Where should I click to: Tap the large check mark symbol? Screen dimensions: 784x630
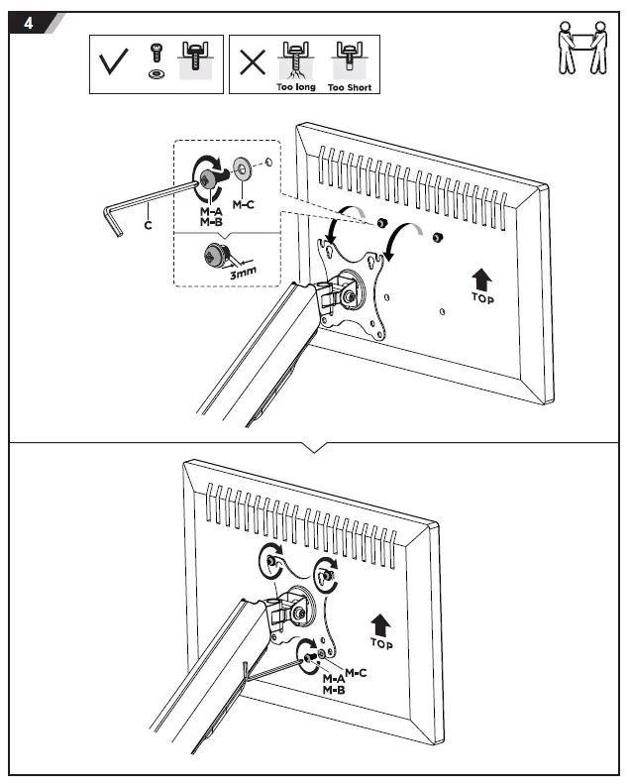(x=116, y=63)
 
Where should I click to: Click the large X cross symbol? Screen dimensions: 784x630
(x=254, y=63)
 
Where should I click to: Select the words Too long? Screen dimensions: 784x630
(x=295, y=88)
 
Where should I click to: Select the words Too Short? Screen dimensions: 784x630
(x=349, y=88)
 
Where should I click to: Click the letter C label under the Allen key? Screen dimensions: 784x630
(x=148, y=225)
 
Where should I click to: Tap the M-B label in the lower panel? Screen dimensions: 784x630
(x=333, y=688)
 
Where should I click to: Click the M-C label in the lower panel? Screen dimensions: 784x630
(x=356, y=674)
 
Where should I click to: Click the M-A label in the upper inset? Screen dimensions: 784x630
(x=210, y=213)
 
